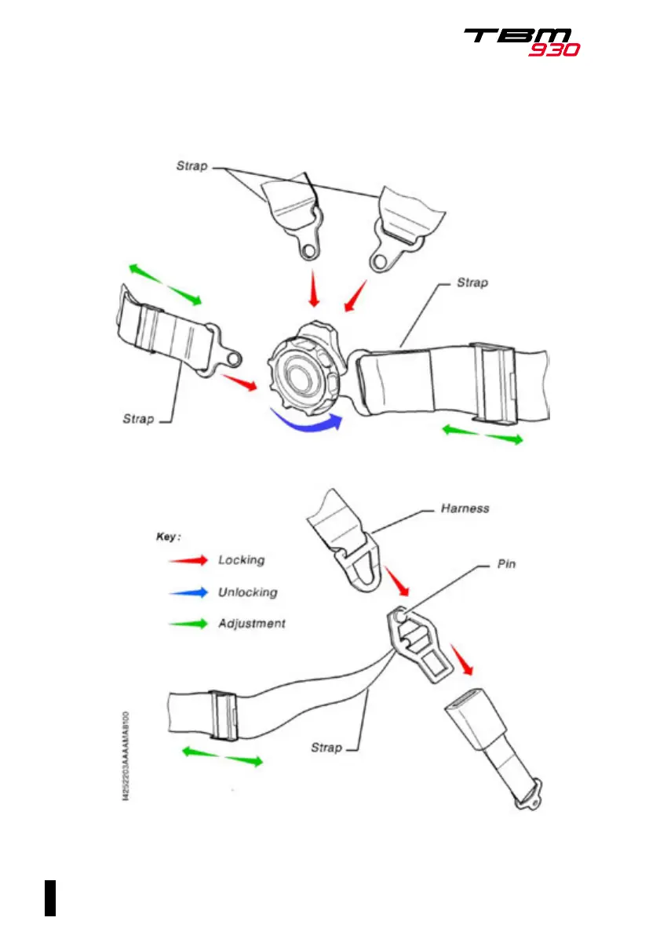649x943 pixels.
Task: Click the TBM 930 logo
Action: pyautogui.click(x=521, y=41)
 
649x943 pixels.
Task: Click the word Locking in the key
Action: pyautogui.click(x=241, y=560)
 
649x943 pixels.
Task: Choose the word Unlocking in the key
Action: pyautogui.click(x=247, y=592)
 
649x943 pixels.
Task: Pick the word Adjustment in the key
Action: pyautogui.click(x=251, y=624)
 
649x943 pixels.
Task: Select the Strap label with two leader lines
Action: pyautogui.click(x=190, y=166)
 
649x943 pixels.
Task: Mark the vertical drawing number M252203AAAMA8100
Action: pyautogui.click(x=126, y=753)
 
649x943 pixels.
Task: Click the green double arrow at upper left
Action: pyautogui.click(x=165, y=285)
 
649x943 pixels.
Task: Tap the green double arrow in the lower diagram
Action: pyautogui.click(x=222, y=756)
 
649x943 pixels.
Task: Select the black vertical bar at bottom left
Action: pyautogui.click(x=50, y=897)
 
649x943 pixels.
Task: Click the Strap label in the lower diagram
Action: pyautogui.click(x=326, y=748)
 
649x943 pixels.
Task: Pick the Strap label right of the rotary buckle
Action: pyautogui.click(x=472, y=282)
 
